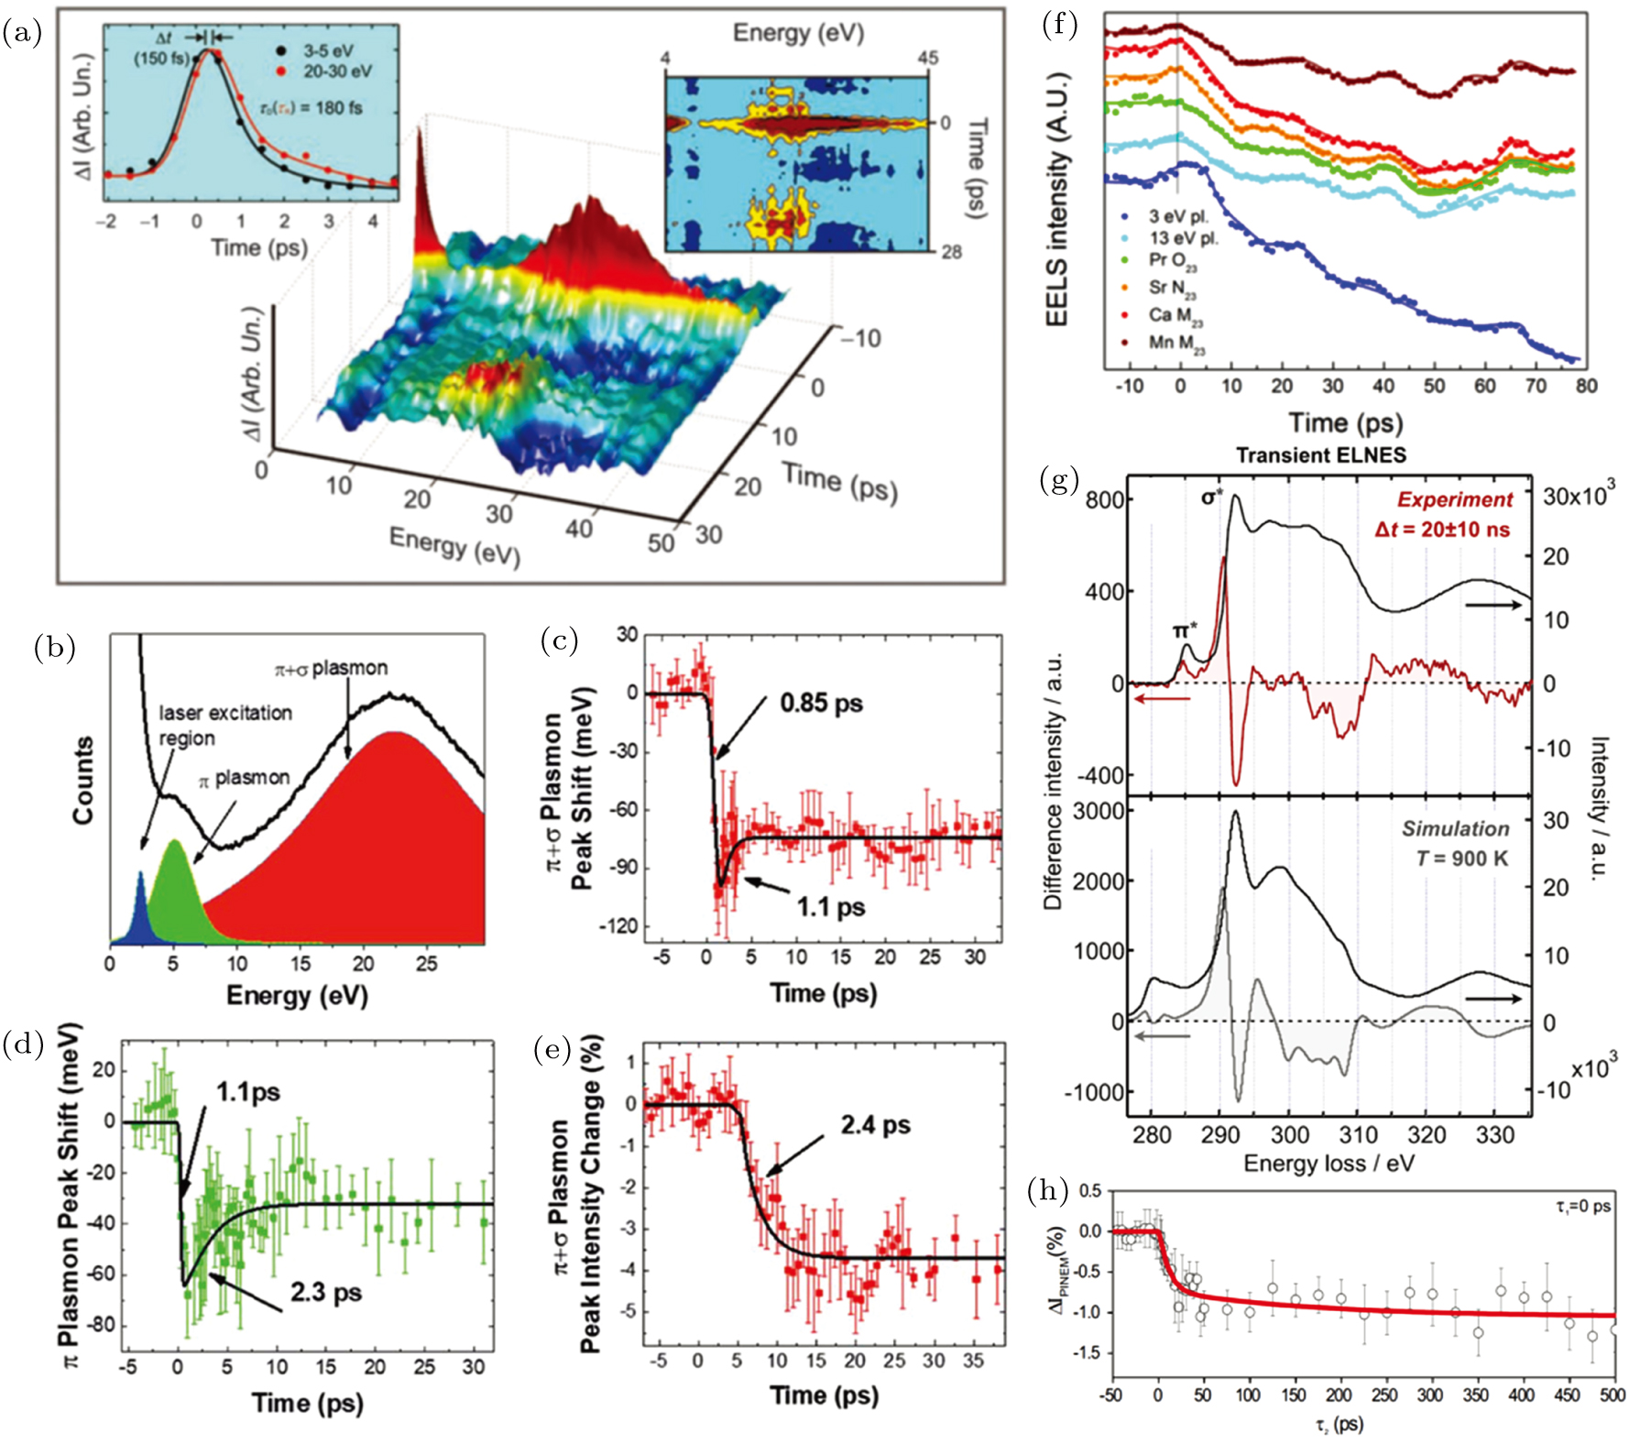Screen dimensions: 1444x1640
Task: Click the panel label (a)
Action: pos(22,34)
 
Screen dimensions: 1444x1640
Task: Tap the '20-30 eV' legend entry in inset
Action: pos(338,71)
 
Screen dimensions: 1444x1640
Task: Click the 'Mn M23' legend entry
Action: pos(1176,344)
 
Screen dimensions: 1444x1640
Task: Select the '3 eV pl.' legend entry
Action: pos(1178,217)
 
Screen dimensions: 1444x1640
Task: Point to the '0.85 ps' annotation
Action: pos(821,704)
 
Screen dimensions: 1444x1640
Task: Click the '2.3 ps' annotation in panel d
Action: pos(325,1293)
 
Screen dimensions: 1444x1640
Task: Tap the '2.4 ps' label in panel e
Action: pos(875,1125)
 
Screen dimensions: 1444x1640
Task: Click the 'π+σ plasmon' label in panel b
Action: pos(331,669)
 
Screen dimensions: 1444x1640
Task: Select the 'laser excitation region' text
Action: pos(225,725)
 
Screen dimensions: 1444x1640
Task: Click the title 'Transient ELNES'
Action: pos(1320,455)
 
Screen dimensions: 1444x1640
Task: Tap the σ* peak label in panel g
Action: pos(1212,498)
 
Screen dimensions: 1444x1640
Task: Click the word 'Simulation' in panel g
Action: pos(1455,829)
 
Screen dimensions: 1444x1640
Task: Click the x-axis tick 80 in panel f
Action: pos(1586,386)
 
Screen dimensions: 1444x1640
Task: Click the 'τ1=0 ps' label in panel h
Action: pos(1582,1207)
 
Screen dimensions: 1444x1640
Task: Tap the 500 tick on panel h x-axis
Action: pos(1613,1395)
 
